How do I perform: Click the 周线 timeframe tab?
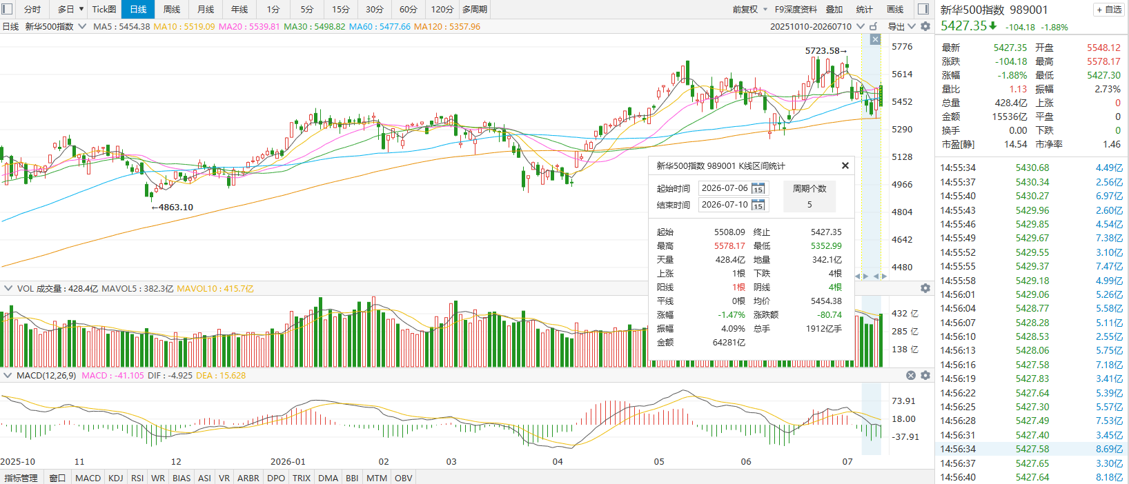[171, 9]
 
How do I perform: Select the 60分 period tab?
[408, 9]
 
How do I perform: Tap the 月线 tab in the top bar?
[205, 9]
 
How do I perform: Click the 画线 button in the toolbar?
[894, 9]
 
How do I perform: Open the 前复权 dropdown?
[749, 9]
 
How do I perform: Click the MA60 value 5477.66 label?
[380, 26]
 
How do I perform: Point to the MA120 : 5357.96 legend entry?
[447, 26]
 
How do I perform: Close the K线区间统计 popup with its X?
[845, 165]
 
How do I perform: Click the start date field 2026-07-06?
[725, 188]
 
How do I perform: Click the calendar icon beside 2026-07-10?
[758, 205]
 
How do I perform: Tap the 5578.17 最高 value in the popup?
[729, 245]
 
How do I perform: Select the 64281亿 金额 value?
[729, 343]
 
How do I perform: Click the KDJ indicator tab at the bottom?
[115, 478]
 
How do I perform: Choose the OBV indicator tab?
[403, 478]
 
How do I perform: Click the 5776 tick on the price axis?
[902, 47]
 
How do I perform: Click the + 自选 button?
[1110, 10]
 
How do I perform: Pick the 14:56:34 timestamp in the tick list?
[958, 449]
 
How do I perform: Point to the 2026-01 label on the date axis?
[288, 461]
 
